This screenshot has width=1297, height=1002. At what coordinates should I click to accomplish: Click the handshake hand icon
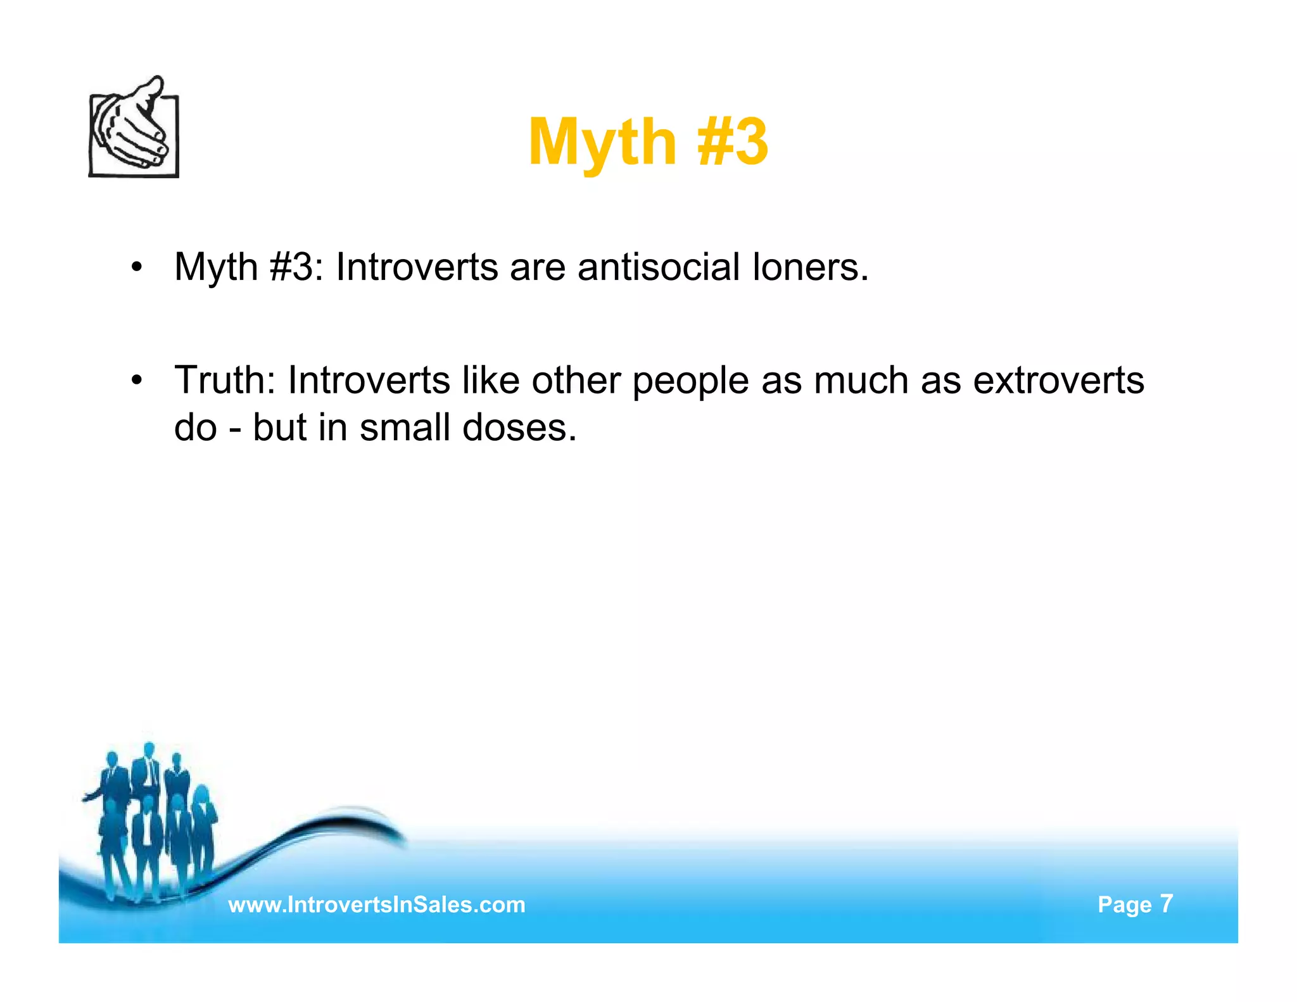tap(134, 128)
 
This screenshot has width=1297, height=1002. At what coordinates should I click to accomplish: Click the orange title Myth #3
tap(648, 142)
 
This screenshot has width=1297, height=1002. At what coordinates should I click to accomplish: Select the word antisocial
tap(658, 267)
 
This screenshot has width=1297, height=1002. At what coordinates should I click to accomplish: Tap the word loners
tap(810, 267)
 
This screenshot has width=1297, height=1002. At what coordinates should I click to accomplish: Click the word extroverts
tap(1058, 380)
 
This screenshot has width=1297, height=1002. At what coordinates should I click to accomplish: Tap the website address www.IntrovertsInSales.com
tap(377, 904)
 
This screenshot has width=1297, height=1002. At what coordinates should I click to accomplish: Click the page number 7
tap(1167, 903)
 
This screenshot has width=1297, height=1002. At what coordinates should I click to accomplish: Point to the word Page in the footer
tap(1125, 905)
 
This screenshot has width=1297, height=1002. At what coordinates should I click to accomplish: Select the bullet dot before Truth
tap(137, 381)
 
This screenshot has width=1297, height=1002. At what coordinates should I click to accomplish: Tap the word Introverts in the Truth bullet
tap(369, 380)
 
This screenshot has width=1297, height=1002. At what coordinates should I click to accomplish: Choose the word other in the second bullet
tap(576, 380)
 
